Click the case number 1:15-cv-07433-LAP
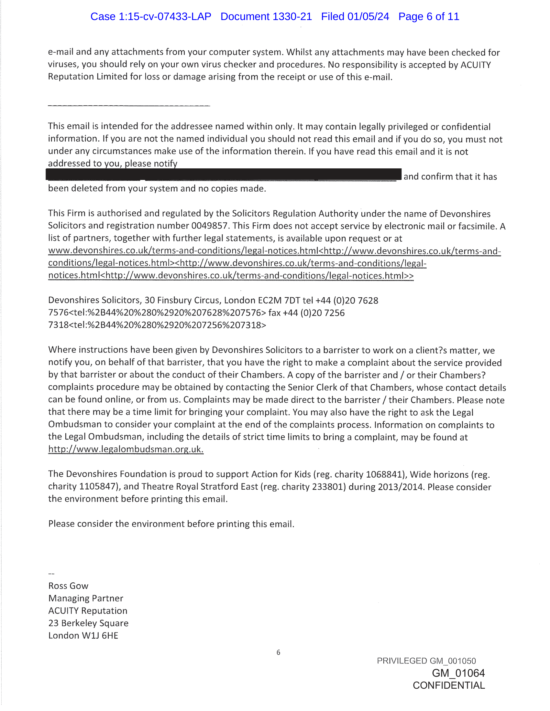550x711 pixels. pyautogui.click(x=165, y=16)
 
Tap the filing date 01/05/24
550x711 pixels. pyautogui.click(x=368, y=16)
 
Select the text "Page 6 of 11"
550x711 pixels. pyautogui.click(x=429, y=16)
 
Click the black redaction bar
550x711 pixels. pyautogui.click(x=224, y=175)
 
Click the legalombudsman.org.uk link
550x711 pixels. pyautogui.click(x=126, y=449)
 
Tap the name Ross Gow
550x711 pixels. pyautogui.click(x=68, y=586)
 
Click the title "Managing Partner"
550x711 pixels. pyautogui.click(x=86, y=598)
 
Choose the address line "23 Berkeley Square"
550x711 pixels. pyautogui.click(x=88, y=623)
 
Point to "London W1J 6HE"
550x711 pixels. pyautogui.click(x=83, y=635)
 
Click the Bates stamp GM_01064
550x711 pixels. pyautogui.click(x=458, y=673)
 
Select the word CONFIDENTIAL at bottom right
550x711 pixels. pyautogui.click(x=449, y=685)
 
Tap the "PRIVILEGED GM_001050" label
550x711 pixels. pyautogui.click(x=426, y=661)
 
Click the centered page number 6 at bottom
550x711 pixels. pyautogui.click(x=278, y=653)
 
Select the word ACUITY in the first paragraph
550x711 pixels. pyautogui.click(x=475, y=65)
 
